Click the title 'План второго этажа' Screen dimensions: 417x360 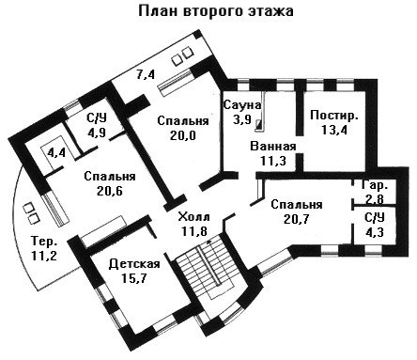tap(216, 11)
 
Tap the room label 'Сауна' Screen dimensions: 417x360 tap(241, 105)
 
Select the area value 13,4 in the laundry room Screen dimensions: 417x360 tap(334, 130)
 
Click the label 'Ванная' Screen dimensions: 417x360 tap(273, 147)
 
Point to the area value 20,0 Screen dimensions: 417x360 tap(183, 135)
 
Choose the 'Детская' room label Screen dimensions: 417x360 tap(134, 264)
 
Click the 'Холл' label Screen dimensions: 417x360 tap(193, 217)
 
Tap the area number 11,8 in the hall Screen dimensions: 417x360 tap(194, 231)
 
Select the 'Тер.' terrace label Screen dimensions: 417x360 tap(44, 242)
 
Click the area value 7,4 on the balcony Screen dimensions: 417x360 tap(146, 75)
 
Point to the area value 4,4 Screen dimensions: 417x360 tap(56, 153)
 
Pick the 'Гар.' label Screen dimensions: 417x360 tap(375, 186)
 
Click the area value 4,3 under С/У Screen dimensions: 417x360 tap(375, 232)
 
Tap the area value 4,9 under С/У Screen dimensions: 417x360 tap(97, 132)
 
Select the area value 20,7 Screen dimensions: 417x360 tap(296, 219)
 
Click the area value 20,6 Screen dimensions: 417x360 tap(110, 191)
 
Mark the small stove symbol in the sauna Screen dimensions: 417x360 tap(258, 124)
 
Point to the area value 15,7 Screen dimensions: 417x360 tap(134, 278)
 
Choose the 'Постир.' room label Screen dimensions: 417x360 tap(334, 116)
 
